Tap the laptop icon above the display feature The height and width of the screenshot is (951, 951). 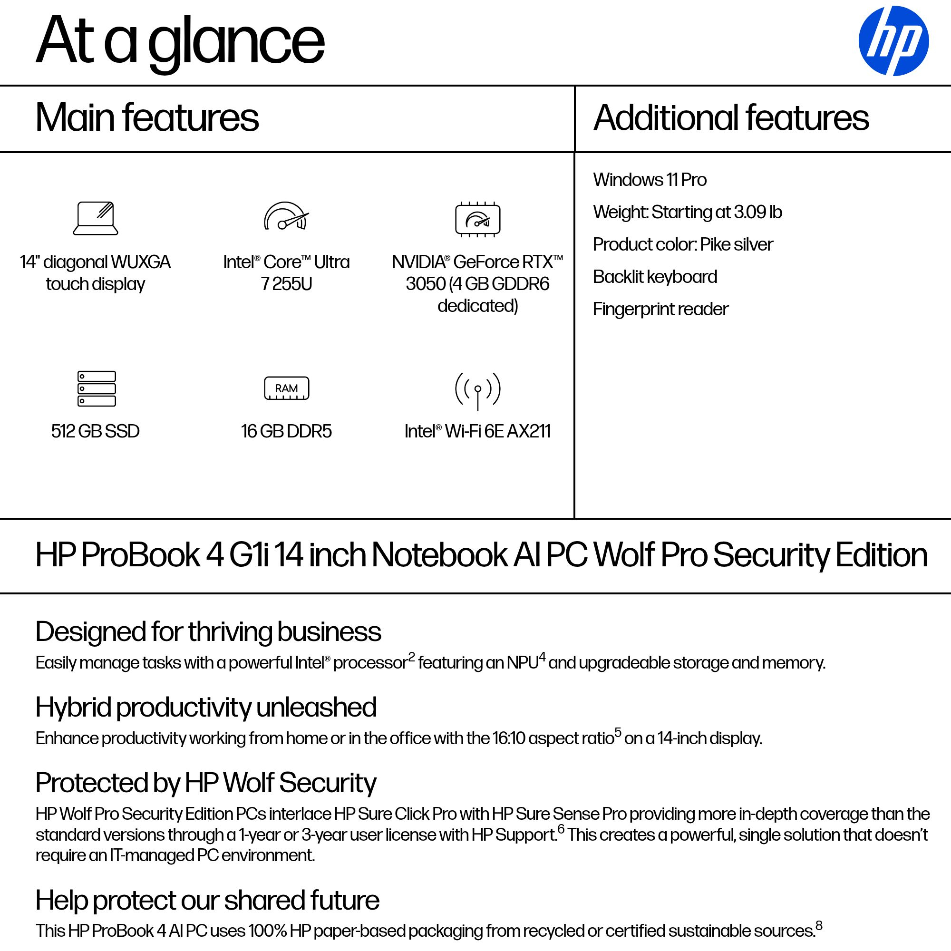(96, 218)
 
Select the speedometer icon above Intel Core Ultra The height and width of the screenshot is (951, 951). (286, 216)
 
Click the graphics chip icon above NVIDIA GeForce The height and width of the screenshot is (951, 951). (477, 219)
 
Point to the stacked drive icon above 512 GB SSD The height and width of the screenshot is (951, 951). (97, 388)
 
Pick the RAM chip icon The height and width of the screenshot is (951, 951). (286, 388)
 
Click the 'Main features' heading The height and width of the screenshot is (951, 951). (146, 117)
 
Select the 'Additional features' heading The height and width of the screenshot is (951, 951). (731, 117)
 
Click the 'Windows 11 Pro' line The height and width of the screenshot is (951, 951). (649, 180)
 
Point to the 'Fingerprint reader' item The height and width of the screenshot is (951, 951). (660, 309)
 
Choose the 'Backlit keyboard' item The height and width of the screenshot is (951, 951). (655, 277)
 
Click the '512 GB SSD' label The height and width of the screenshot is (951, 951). (95, 431)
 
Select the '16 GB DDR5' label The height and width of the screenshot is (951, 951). (286, 431)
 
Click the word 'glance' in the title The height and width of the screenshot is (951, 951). (236, 42)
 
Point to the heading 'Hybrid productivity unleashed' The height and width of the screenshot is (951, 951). (206, 708)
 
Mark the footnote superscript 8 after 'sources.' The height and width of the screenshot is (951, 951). (819, 925)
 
